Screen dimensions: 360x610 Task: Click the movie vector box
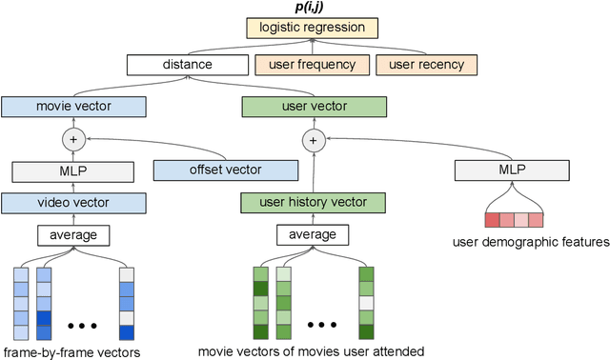pyautogui.click(x=73, y=107)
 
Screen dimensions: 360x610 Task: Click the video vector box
pyautogui.click(x=73, y=203)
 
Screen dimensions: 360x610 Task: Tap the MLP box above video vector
pyautogui.click(x=73, y=172)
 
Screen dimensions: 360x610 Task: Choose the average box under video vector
pyautogui.click(x=73, y=234)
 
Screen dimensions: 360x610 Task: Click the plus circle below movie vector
pyautogui.click(x=73, y=140)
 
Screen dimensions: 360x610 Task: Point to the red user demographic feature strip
pyautogui.click(x=514, y=220)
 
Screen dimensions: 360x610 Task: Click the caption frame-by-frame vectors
pyautogui.click(x=71, y=352)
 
